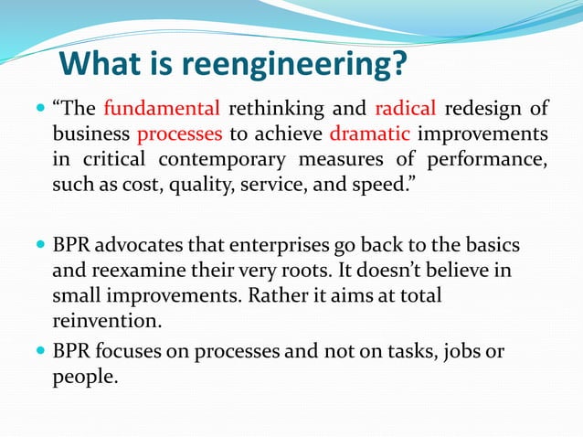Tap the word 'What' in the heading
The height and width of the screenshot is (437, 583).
[101, 65]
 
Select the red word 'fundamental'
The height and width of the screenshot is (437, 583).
[162, 109]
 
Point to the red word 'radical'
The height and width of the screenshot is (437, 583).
[406, 109]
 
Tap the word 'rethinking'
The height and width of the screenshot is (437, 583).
[270, 109]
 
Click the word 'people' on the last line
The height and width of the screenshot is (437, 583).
[84, 376]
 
